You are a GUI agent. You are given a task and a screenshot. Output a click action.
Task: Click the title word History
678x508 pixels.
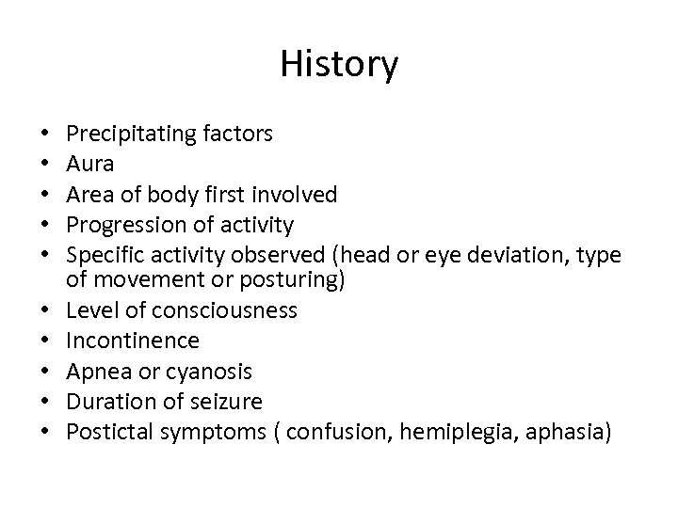pos(339,65)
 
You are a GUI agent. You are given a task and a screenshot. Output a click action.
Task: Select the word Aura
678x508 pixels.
pos(91,165)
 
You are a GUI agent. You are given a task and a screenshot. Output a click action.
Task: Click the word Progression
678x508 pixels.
pos(123,225)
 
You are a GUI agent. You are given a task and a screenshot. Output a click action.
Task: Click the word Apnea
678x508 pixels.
pos(97,370)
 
